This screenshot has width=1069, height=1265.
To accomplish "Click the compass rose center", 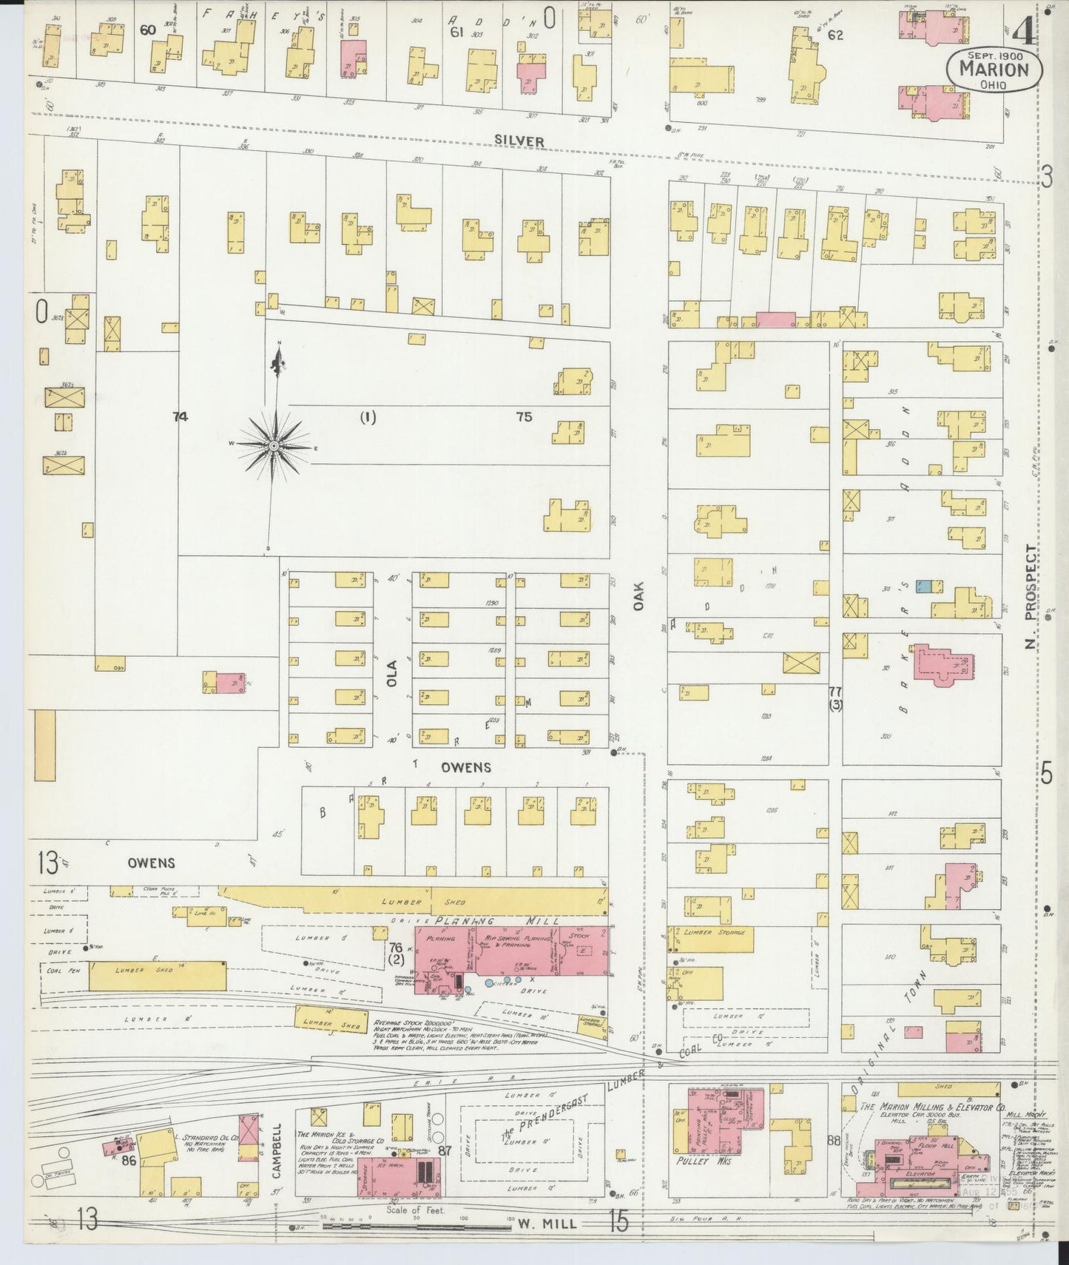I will [x=274, y=446].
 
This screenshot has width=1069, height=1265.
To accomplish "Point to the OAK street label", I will [x=639, y=596].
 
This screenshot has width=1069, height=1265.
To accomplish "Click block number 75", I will [x=524, y=417].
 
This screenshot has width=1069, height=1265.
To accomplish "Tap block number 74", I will [x=180, y=417].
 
